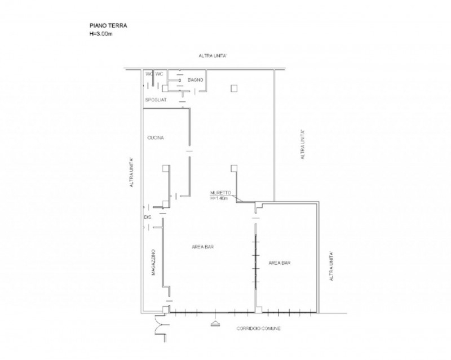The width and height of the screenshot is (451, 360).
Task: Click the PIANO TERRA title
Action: pos(108,25)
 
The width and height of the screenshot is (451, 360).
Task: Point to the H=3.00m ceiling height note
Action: pos(101,34)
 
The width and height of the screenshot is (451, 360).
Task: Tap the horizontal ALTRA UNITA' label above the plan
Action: pos(213,56)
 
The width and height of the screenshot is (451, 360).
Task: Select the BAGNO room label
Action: pos(195,80)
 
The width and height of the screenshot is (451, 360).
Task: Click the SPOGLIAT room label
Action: pos(156,100)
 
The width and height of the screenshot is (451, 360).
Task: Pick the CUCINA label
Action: pos(156,137)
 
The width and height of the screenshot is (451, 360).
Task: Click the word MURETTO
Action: pos(220,193)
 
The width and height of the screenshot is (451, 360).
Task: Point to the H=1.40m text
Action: pos(219,198)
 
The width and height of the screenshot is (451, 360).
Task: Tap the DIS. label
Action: pos(148,217)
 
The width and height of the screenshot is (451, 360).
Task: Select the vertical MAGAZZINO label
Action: pos(153,262)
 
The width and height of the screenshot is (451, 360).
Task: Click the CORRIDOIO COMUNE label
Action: pos(258,328)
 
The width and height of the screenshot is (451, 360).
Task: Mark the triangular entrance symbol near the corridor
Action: pos(215,324)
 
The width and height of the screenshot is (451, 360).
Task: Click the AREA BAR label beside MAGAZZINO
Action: pos(202,247)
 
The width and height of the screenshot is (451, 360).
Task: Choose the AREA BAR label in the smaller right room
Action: pos(279,263)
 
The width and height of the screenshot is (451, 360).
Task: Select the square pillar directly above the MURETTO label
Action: pos(234,168)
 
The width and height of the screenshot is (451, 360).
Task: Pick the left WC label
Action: pos(149,74)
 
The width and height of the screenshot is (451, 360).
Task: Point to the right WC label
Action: pos(159,74)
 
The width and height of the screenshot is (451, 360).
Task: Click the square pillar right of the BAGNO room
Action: pos(234,88)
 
